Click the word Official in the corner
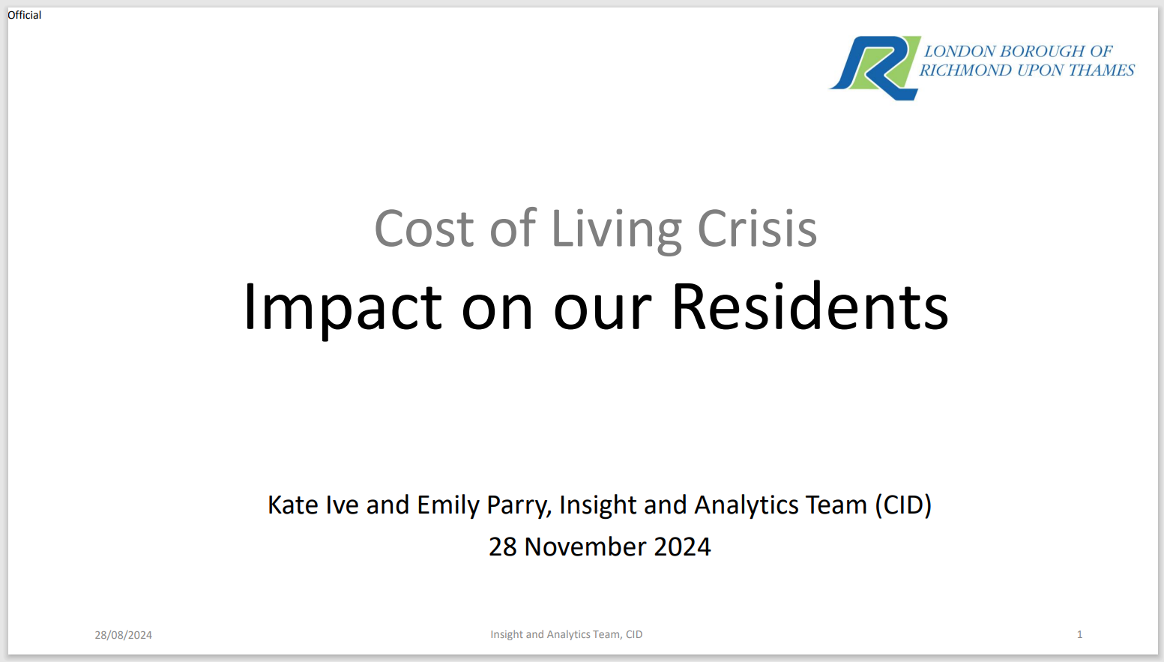pos(25,15)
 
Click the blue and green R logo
pos(875,68)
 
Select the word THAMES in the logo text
pos(1102,70)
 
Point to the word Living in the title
pos(616,231)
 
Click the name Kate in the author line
pos(292,505)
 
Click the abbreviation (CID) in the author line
pos(903,505)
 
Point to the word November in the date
pos(585,547)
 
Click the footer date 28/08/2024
pos(123,635)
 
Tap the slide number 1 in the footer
pos(1079,634)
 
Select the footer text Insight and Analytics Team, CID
pos(567,634)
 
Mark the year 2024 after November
pos(682,547)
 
